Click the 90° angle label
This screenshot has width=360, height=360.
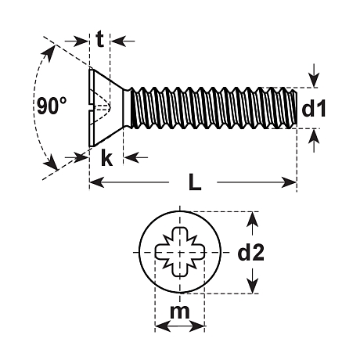pos(52,106)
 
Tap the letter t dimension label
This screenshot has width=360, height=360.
pos(100,39)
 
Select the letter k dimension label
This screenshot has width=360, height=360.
pos(106,157)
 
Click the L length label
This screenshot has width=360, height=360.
pos(195,182)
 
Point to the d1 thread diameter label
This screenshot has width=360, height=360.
pos(314,109)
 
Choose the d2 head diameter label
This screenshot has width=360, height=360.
pos(250,252)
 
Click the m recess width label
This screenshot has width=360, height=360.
pos(180,311)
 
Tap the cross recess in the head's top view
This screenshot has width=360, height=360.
pos(180,252)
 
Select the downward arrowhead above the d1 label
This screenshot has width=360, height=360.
pos(315,81)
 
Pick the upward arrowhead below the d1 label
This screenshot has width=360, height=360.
pos(314,136)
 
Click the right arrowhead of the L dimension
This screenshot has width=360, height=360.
pos(289,182)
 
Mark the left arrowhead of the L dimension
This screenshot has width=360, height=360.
pos(97,182)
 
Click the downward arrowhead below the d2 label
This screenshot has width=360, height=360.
pos(252,286)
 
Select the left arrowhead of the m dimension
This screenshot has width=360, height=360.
pos(163,326)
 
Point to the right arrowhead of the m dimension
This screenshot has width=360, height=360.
pos(196,326)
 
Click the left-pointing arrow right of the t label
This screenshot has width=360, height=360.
pos(124,41)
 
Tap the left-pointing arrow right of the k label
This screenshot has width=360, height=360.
pos(135,157)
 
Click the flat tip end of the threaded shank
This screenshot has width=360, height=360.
pos(297,109)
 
